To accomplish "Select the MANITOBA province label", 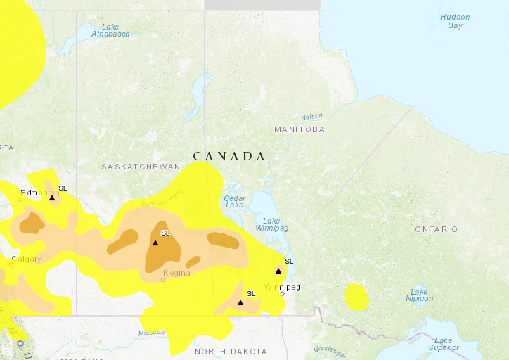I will [x=299, y=130].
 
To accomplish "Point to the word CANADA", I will [x=229, y=156].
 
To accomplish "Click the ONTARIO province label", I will [x=436, y=229].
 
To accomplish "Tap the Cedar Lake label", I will [x=234, y=202].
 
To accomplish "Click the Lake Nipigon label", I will [x=419, y=295].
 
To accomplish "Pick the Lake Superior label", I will [x=443, y=344].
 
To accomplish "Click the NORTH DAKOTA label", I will [x=231, y=352].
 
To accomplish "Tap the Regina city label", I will [x=176, y=273].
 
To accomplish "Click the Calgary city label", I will [x=26, y=259].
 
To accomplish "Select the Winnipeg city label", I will [x=282, y=287].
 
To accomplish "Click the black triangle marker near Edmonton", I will [x=52, y=198].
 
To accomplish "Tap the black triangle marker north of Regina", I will [x=155, y=243].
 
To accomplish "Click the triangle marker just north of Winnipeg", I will [x=278, y=271].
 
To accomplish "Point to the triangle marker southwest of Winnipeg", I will [x=240, y=302].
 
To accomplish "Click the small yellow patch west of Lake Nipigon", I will [x=357, y=297].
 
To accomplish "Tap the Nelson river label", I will [x=311, y=116].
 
